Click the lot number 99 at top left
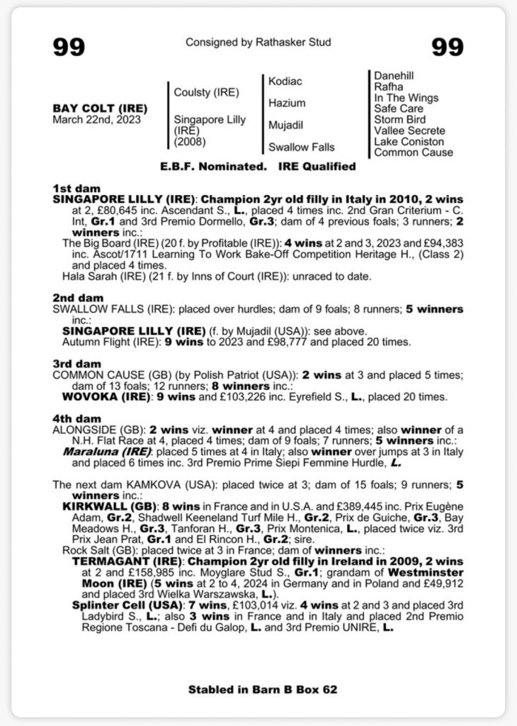[x=69, y=47]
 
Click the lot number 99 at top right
[x=448, y=47]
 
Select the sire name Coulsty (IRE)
[x=207, y=92]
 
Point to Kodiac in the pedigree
[x=285, y=82]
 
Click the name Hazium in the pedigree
[x=287, y=104]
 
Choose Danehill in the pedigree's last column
[x=394, y=76]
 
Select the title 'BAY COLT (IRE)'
[x=100, y=108]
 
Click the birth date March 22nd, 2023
[x=97, y=120]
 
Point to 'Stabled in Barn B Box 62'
[x=258, y=688]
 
